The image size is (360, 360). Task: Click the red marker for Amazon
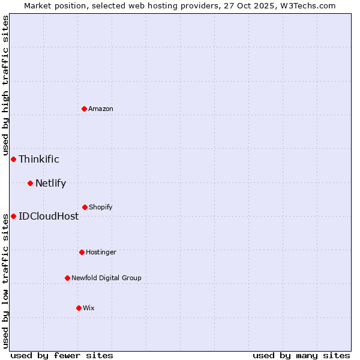pyautogui.click(x=84, y=109)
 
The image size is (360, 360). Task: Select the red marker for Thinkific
pyautogui.click(x=13, y=159)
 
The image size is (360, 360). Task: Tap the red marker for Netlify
pyautogui.click(x=30, y=183)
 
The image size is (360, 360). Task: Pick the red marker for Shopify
pyautogui.click(x=85, y=207)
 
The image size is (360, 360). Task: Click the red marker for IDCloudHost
pyautogui.click(x=13, y=216)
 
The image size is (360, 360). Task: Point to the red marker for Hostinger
pyautogui.click(x=82, y=252)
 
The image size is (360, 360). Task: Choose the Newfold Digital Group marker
pyautogui.click(x=67, y=278)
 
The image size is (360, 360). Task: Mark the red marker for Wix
pyautogui.click(x=79, y=308)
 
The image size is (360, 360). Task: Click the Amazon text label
pyautogui.click(x=101, y=109)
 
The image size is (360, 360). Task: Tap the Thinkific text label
pyautogui.click(x=39, y=159)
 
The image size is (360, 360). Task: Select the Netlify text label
pyautogui.click(x=50, y=183)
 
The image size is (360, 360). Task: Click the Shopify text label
pyautogui.click(x=101, y=207)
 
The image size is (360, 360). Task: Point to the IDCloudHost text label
pyautogui.click(x=49, y=216)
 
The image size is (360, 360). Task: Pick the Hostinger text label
pyautogui.click(x=101, y=252)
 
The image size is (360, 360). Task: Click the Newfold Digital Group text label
pyautogui.click(x=106, y=278)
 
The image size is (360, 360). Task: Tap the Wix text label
pyautogui.click(x=89, y=308)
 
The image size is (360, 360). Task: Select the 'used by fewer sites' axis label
pyautogui.click(x=62, y=355)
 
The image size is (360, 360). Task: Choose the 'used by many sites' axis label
pyautogui.click(x=301, y=355)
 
